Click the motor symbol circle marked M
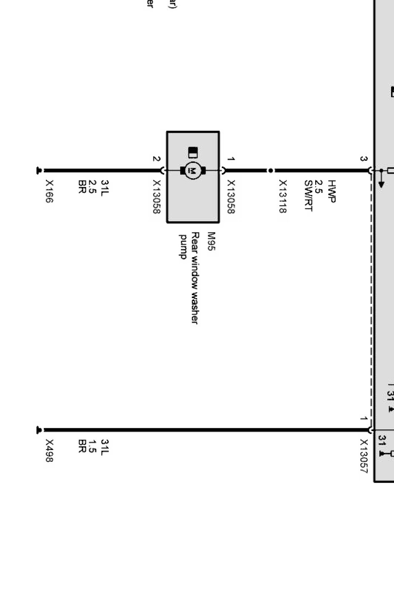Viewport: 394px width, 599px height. tap(193, 170)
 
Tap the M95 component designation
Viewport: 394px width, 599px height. tap(211, 242)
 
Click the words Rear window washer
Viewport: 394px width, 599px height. tap(194, 278)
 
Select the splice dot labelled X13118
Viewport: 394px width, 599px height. tap(270, 170)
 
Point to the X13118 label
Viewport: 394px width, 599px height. tap(283, 196)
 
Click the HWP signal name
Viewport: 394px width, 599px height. tap(331, 191)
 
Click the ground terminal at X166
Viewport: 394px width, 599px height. tap(39, 170)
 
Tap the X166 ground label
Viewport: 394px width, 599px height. tap(50, 191)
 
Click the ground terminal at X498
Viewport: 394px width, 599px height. tap(39, 430)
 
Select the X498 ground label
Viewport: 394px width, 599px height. tap(50, 450)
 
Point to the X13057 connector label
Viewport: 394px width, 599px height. tap(363, 456)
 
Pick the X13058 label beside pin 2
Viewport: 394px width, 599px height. tap(157, 197)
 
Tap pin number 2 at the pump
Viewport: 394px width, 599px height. tap(156, 159)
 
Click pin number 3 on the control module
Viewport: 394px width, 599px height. tap(363, 159)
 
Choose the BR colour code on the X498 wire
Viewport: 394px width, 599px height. tap(82, 446)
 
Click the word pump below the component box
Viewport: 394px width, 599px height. tap(183, 247)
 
